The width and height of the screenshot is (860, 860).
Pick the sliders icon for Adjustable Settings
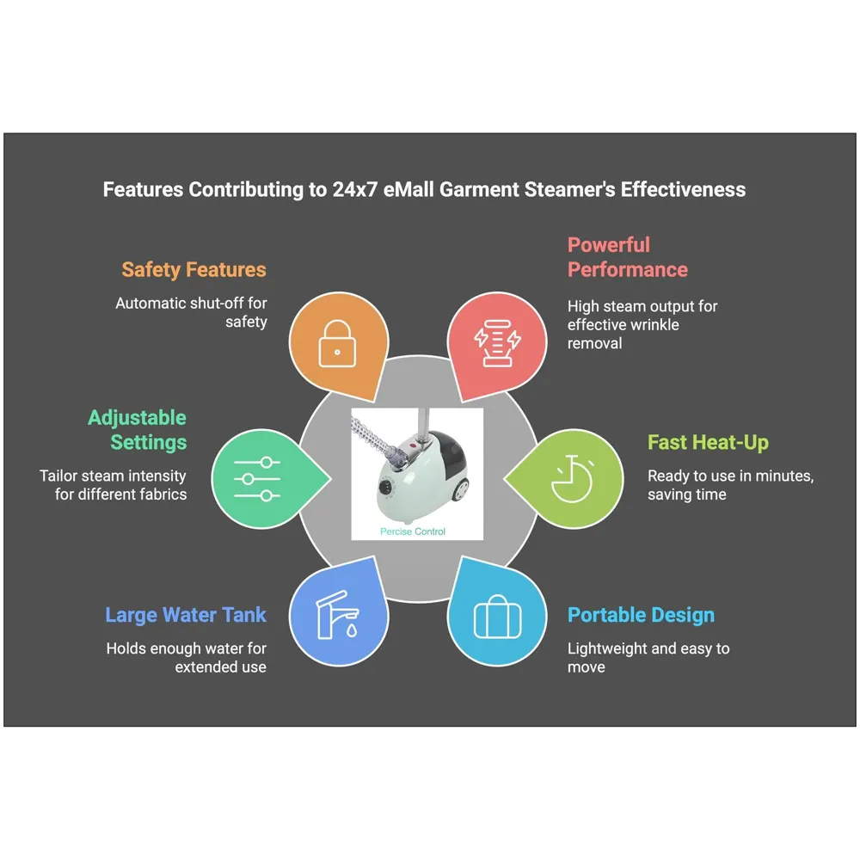[x=257, y=479]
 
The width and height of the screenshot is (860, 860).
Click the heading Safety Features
[x=193, y=269]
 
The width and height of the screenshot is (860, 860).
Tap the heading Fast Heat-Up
[x=708, y=443]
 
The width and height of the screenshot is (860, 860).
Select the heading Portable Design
[x=641, y=615]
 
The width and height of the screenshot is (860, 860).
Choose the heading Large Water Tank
[x=186, y=615]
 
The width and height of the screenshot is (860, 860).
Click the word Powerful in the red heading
[x=609, y=245]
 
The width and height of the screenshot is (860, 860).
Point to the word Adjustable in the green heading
[x=137, y=418]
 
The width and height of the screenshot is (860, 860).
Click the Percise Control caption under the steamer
[x=413, y=531]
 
